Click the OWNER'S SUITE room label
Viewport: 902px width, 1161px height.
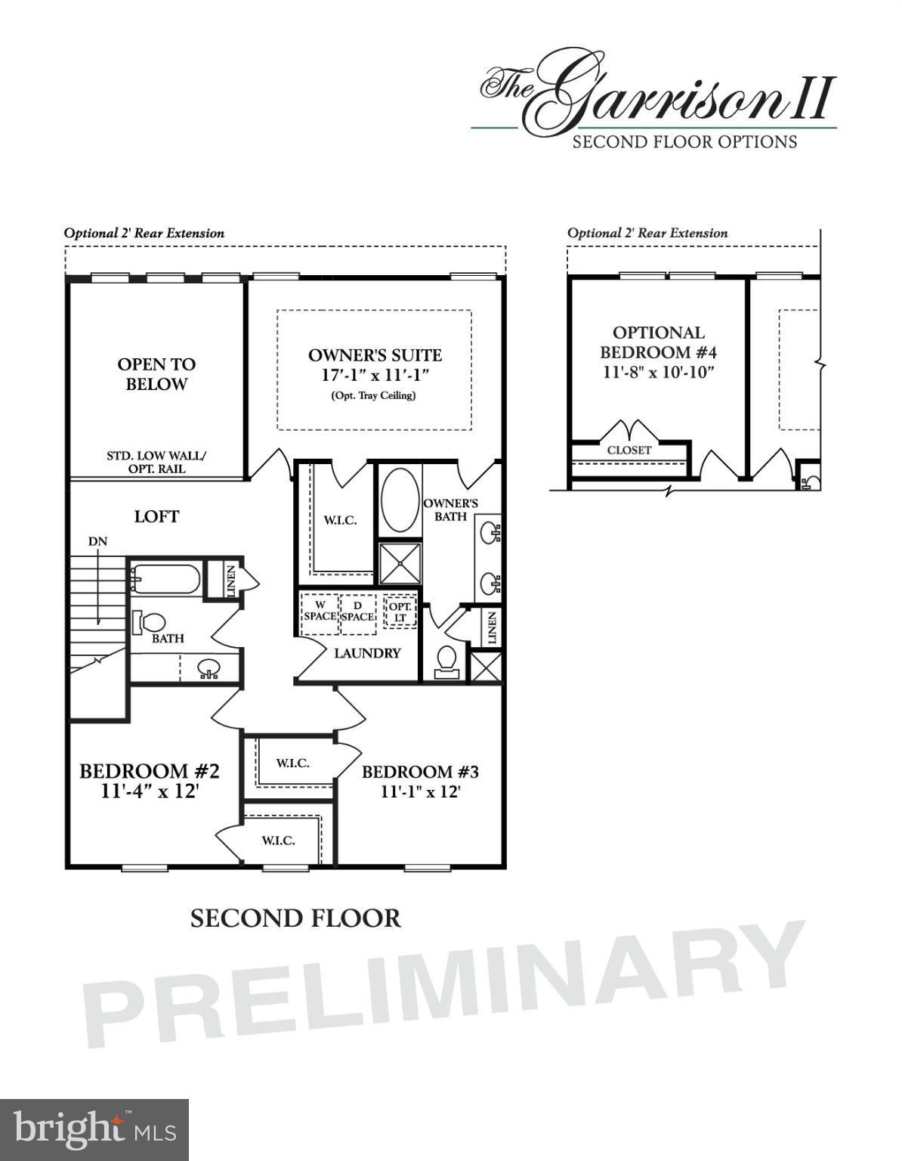coord(375,355)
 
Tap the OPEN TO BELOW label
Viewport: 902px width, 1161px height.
coord(156,374)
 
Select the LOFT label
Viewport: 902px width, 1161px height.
coord(156,516)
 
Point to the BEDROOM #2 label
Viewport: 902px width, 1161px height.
coord(150,772)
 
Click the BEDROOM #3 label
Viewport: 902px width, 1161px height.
coord(420,772)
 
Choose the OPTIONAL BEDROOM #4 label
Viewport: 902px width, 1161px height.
coord(658,342)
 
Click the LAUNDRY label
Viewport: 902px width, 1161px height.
coord(367,653)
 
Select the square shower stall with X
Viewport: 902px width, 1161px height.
coord(399,563)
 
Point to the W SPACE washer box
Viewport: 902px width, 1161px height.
coord(320,611)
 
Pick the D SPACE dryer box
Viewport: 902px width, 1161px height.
coord(357,611)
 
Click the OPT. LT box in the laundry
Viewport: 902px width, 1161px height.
coord(400,612)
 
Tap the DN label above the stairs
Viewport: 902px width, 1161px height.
coord(97,541)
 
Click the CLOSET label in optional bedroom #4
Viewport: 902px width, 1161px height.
coord(629,450)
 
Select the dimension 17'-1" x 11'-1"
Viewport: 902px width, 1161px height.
coord(375,376)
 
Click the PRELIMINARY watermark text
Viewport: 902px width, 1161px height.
coord(446,983)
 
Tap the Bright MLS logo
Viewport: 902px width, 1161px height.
coord(94,1130)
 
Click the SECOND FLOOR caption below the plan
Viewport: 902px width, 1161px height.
coord(295,918)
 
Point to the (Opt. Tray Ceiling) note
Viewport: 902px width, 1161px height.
coord(373,395)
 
